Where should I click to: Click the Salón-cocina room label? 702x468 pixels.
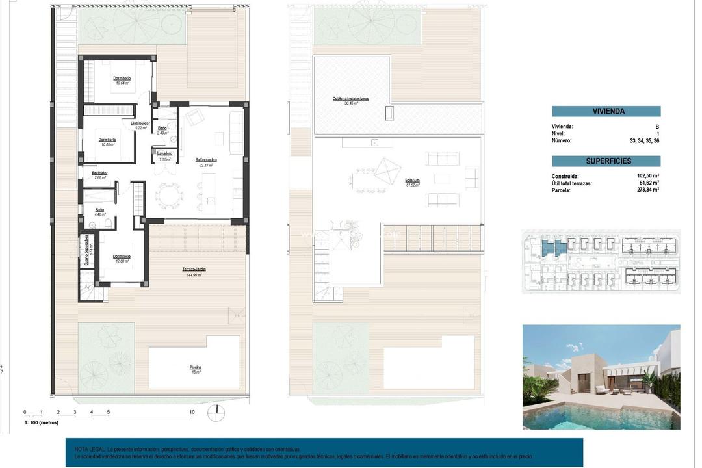coord(206,159)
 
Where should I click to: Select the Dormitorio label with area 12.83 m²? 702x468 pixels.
coord(122,257)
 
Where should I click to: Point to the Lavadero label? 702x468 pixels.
coord(164,153)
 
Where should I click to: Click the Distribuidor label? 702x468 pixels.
coord(140,123)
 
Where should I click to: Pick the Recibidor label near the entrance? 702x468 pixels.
coord(99,173)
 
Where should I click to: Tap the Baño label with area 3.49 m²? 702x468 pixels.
coord(162,129)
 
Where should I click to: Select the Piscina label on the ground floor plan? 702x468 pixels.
coord(195,368)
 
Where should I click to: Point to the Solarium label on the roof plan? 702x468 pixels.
coord(412,181)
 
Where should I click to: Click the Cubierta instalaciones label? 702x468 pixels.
coord(350,99)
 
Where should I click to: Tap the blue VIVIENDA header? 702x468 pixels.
coord(606,111)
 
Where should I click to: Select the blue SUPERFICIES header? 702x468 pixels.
coord(606,161)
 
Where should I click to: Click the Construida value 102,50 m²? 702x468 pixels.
coord(648,175)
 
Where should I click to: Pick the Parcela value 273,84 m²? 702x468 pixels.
coord(648,190)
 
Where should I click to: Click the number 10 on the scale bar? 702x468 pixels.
coord(192,412)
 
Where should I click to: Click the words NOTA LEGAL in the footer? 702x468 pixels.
coord(89,449)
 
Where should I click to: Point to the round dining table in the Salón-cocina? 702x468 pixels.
coord(169,194)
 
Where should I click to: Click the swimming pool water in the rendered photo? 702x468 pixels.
coord(585,416)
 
